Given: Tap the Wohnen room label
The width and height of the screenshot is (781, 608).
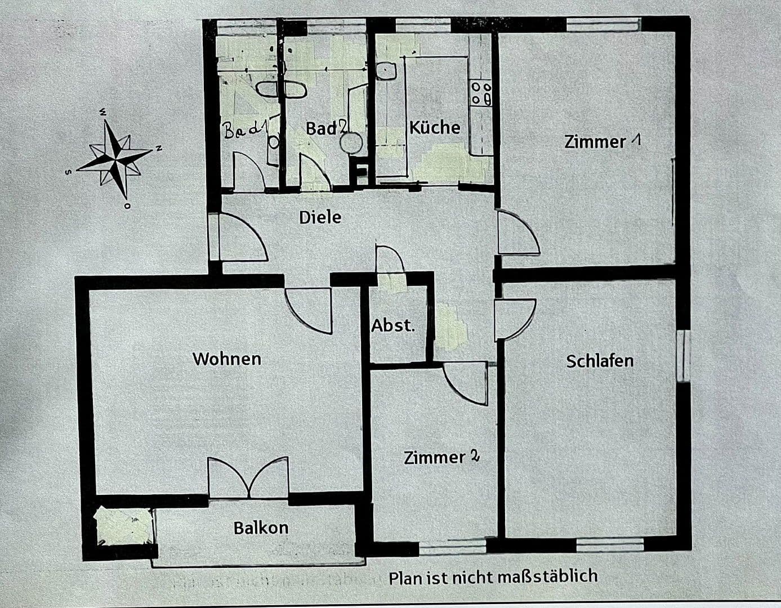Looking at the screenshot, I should [x=227, y=359].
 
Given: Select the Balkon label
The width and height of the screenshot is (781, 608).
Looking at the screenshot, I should [x=261, y=528].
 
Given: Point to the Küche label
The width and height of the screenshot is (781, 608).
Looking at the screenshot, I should [x=434, y=127].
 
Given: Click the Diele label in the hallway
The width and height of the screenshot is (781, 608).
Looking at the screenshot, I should [x=320, y=217].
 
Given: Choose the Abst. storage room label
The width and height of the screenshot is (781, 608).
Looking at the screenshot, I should [x=393, y=325].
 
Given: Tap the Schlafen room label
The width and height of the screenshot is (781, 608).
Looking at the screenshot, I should [x=600, y=361].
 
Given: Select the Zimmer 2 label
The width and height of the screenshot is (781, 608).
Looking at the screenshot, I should [x=441, y=457].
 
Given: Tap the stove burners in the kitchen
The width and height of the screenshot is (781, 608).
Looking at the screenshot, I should [x=481, y=93].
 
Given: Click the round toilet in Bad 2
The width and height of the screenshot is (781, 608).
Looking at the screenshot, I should [x=350, y=143].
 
